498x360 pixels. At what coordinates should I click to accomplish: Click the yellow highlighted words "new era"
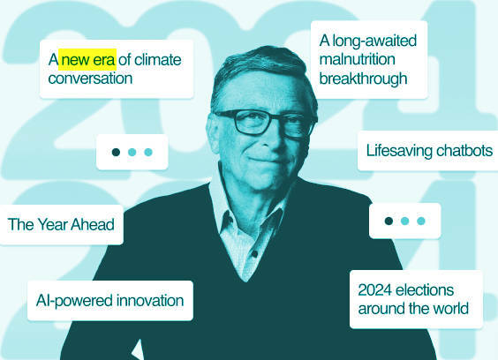click(87, 60)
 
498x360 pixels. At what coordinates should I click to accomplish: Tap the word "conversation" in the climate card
click(90, 79)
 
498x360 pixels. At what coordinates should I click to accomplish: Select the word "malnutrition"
click(358, 59)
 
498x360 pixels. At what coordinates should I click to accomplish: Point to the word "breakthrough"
click(363, 79)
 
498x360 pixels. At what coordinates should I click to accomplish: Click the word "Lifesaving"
click(399, 151)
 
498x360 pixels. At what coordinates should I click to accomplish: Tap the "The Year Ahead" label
click(61, 224)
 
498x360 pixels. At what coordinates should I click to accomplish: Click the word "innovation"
click(150, 300)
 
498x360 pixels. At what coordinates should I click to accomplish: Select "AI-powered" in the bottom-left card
click(75, 301)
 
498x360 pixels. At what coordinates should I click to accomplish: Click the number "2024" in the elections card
click(375, 289)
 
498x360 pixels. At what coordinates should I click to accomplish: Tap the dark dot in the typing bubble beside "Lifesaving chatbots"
click(116, 152)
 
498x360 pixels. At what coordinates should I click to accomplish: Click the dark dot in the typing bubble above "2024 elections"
click(389, 221)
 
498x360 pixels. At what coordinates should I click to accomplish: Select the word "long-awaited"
click(374, 41)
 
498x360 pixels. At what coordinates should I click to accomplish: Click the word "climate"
click(158, 60)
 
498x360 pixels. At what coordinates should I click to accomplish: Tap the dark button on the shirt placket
click(254, 254)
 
